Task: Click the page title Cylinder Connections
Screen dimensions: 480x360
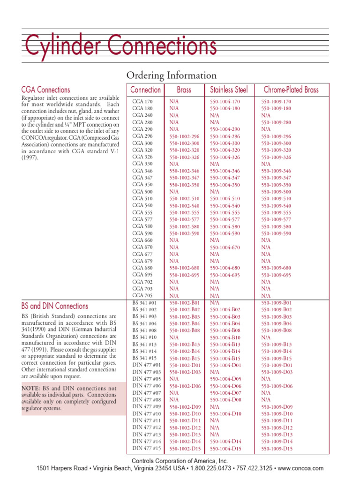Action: tap(120, 47)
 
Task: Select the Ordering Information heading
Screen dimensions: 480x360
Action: tap(172, 75)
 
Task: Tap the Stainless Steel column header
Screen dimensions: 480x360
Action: tap(229, 90)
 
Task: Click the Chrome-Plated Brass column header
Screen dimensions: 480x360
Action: tap(291, 90)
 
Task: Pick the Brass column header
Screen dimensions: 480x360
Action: tap(184, 90)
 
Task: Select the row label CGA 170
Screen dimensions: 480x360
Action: tap(142, 101)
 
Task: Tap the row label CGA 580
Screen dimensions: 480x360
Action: tap(142, 226)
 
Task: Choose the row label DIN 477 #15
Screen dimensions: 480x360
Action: tap(147, 449)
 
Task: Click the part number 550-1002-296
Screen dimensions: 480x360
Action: tap(184, 136)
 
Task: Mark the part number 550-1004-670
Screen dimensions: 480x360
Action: tap(225, 247)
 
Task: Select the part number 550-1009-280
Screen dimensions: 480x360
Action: tap(276, 122)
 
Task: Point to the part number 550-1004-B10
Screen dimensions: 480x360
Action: tap(225, 337)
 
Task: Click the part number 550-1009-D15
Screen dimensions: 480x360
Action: tap(277, 449)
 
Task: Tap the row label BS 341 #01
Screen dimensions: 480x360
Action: tap(145, 303)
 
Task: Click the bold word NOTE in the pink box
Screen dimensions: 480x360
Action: tap(32, 389)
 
